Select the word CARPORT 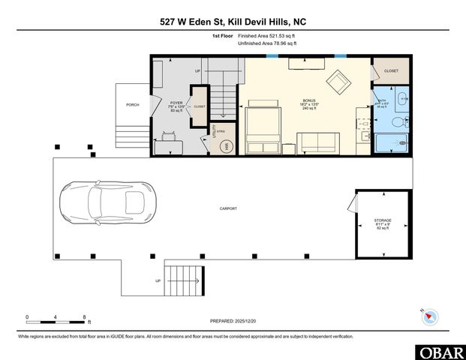tap(229, 208)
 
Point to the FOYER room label tap(176, 103)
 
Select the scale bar tap(56, 319)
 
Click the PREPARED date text tap(233, 319)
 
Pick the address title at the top tap(233, 22)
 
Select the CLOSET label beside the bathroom tap(392, 70)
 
